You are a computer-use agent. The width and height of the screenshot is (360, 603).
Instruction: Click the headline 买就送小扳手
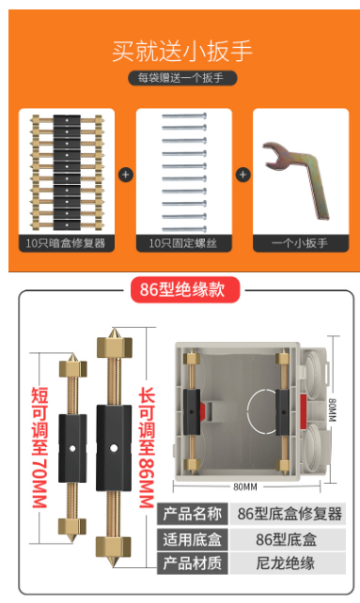pos(181,51)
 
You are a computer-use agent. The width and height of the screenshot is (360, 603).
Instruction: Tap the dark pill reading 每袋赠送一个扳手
pos(182,78)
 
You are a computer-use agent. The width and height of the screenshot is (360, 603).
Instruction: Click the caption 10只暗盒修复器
pos(66,243)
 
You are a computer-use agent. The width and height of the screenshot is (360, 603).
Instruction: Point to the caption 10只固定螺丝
pos(183,243)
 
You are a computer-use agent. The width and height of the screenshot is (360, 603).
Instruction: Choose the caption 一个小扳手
pos(300,243)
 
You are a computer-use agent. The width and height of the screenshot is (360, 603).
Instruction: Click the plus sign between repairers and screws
pos(126,175)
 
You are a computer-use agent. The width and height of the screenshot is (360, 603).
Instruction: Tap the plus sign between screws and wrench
pos(243,175)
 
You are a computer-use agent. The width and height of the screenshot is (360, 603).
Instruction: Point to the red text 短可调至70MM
pos(39,447)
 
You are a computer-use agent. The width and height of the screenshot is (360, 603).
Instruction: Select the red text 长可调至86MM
pos(147,447)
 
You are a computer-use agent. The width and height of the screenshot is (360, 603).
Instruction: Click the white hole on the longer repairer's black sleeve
pos(114,448)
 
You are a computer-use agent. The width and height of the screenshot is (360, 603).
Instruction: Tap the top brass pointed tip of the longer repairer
pos(114,332)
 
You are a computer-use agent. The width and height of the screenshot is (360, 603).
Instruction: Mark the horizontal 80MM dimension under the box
pos(245,487)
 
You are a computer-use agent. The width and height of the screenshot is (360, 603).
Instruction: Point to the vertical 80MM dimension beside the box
pos(333,410)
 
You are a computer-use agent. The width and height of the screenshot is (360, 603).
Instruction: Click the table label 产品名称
pos(192,514)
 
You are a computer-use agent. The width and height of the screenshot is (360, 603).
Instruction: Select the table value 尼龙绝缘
pos(286,563)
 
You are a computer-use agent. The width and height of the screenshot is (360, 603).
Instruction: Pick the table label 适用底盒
pos(192,539)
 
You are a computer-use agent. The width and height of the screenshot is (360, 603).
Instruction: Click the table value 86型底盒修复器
pos(290,514)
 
